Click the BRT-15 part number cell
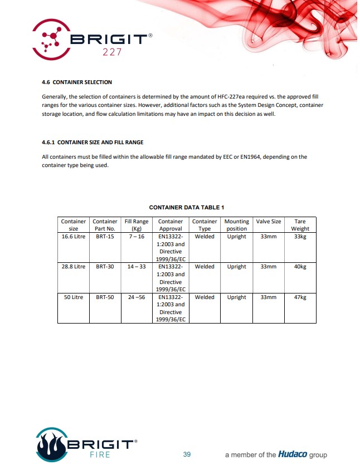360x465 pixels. (x=105, y=237)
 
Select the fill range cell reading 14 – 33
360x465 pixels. (x=136, y=267)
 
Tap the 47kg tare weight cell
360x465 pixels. (x=300, y=297)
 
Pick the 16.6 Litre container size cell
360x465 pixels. (x=74, y=237)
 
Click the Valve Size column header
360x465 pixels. (x=269, y=222)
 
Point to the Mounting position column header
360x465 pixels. (x=236, y=225)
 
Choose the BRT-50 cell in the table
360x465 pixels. (x=105, y=297)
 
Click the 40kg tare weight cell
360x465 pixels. (x=300, y=267)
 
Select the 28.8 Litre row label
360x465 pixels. (x=74, y=267)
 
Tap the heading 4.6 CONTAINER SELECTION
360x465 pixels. (x=77, y=82)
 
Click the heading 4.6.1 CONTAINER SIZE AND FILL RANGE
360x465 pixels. (x=93, y=142)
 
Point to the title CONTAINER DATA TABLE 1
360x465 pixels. (x=186, y=208)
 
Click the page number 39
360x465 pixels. (x=187, y=454)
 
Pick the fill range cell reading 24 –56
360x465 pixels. (x=136, y=297)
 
